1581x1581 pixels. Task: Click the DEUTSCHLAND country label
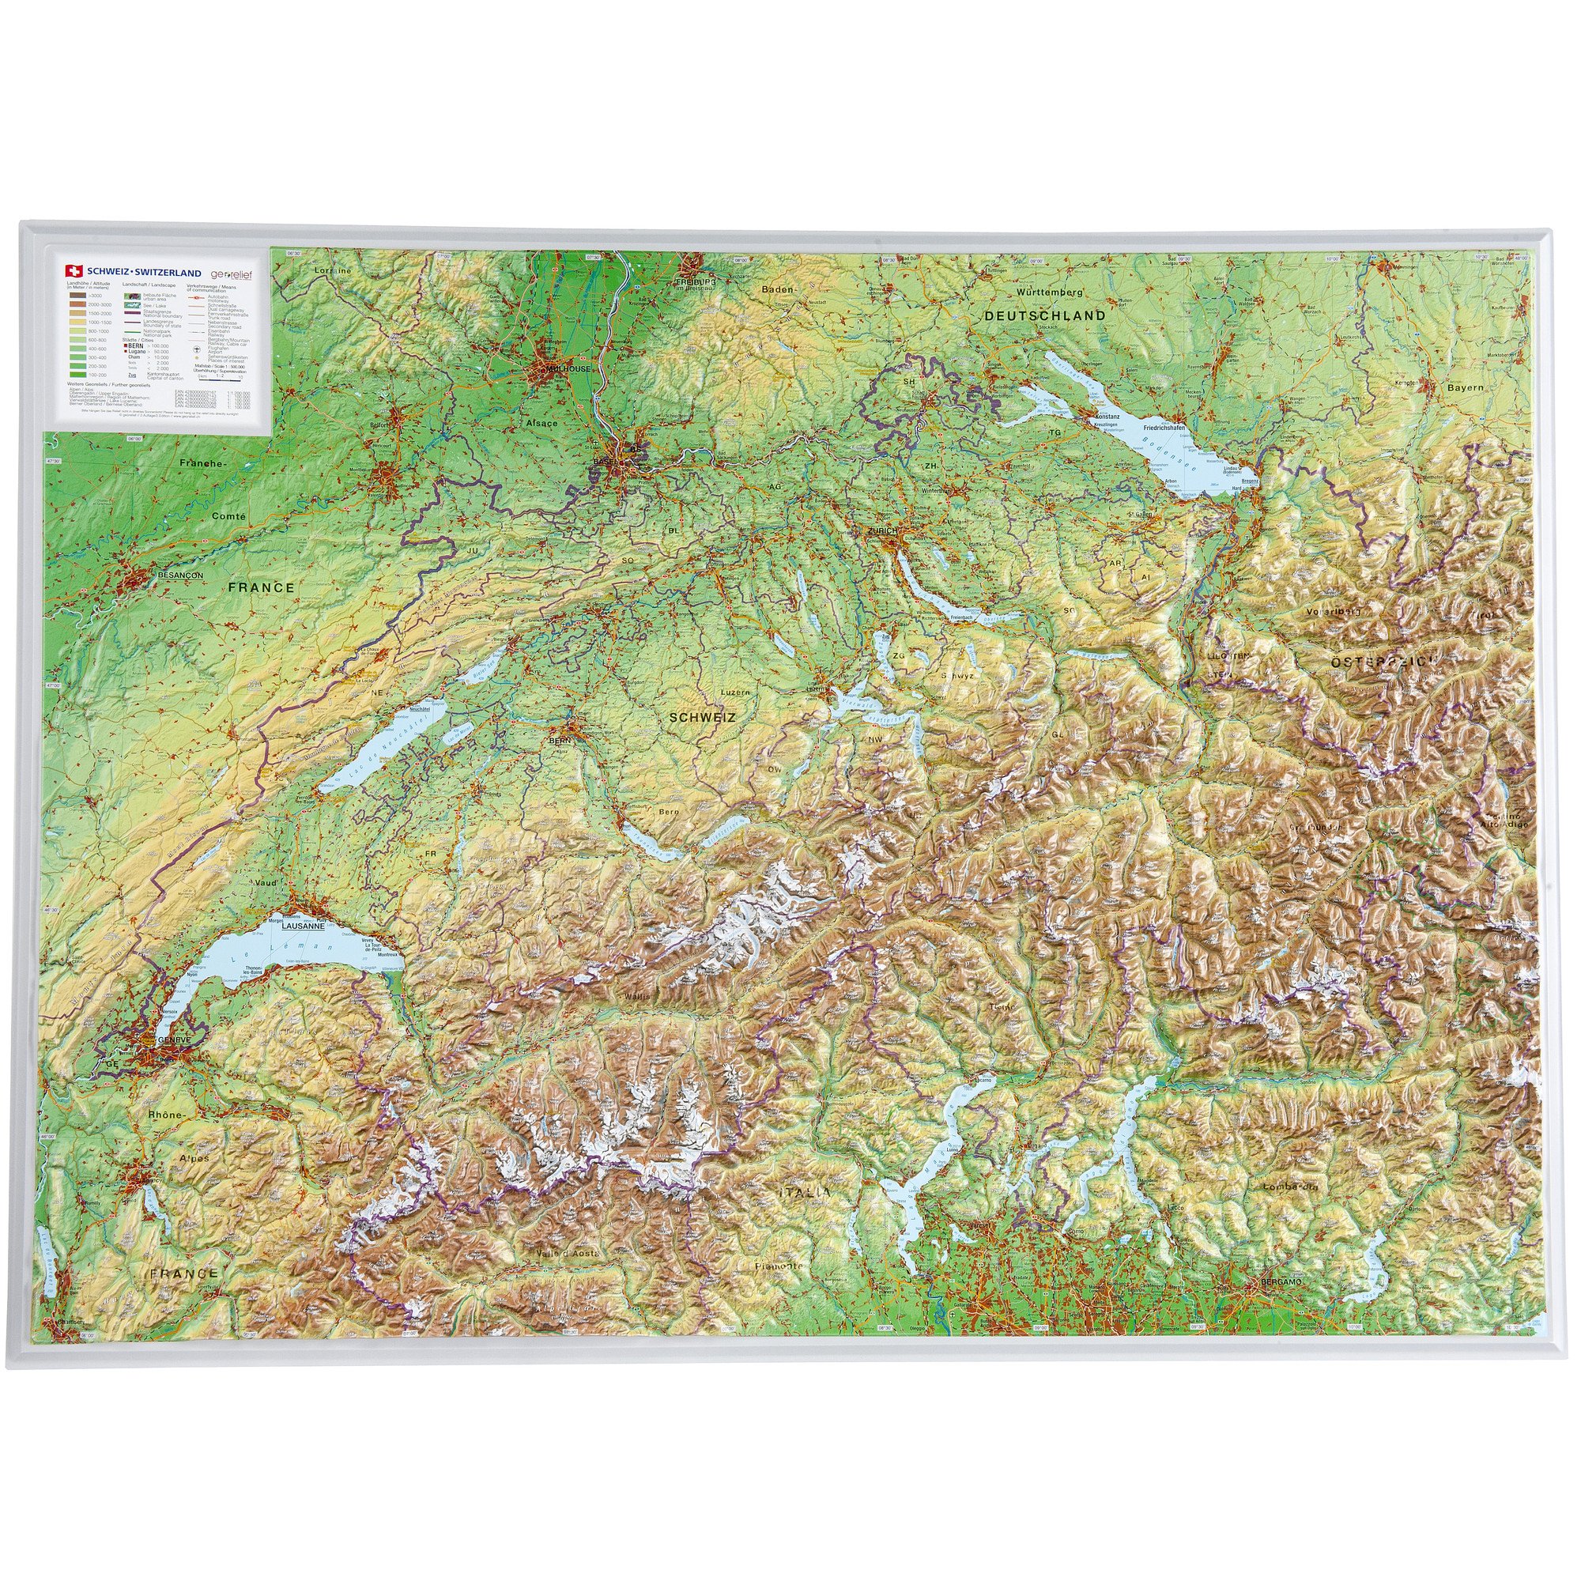pyautogui.click(x=1044, y=315)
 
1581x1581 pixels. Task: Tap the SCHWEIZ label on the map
pyautogui.click(x=702, y=717)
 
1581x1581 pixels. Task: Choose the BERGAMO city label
pyautogui.click(x=1279, y=1281)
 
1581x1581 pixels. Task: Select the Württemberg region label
pyautogui.click(x=1049, y=292)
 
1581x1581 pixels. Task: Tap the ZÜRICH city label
pyautogui.click(x=882, y=531)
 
